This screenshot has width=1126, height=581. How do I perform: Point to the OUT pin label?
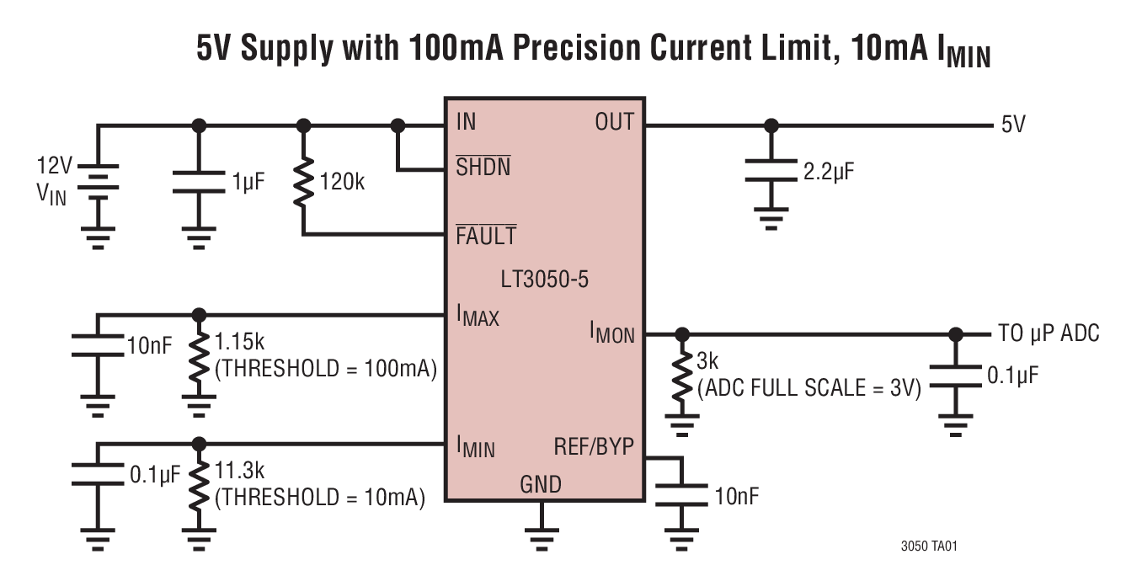coord(614,122)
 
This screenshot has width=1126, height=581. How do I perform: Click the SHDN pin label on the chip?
coord(483,167)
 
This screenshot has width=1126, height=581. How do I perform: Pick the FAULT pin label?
coord(486,236)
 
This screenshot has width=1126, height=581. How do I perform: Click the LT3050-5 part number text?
coord(543,280)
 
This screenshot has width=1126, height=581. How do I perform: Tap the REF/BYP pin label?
coord(593,446)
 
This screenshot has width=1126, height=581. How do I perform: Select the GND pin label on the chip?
coord(540,484)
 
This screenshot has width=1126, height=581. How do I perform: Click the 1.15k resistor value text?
coord(239,343)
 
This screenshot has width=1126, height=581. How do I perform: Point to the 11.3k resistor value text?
coord(239,472)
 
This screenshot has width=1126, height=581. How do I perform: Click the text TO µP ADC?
coord(1048,333)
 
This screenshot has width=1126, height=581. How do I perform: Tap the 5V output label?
coord(1013,125)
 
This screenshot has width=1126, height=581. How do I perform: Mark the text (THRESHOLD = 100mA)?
coord(325,369)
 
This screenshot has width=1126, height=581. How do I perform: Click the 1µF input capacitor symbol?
coord(199,180)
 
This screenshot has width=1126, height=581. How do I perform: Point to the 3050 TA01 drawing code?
coord(929,546)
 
